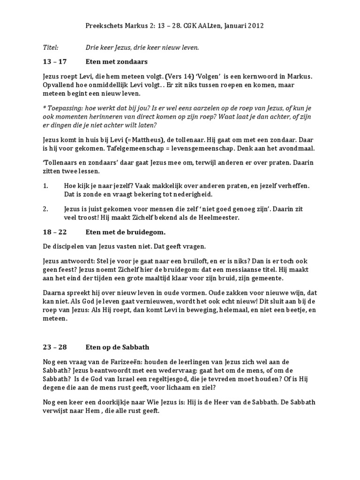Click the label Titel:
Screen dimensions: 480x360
[x=50, y=47]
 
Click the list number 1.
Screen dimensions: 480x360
[x=45, y=186]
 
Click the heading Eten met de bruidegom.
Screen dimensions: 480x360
[x=126, y=232]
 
